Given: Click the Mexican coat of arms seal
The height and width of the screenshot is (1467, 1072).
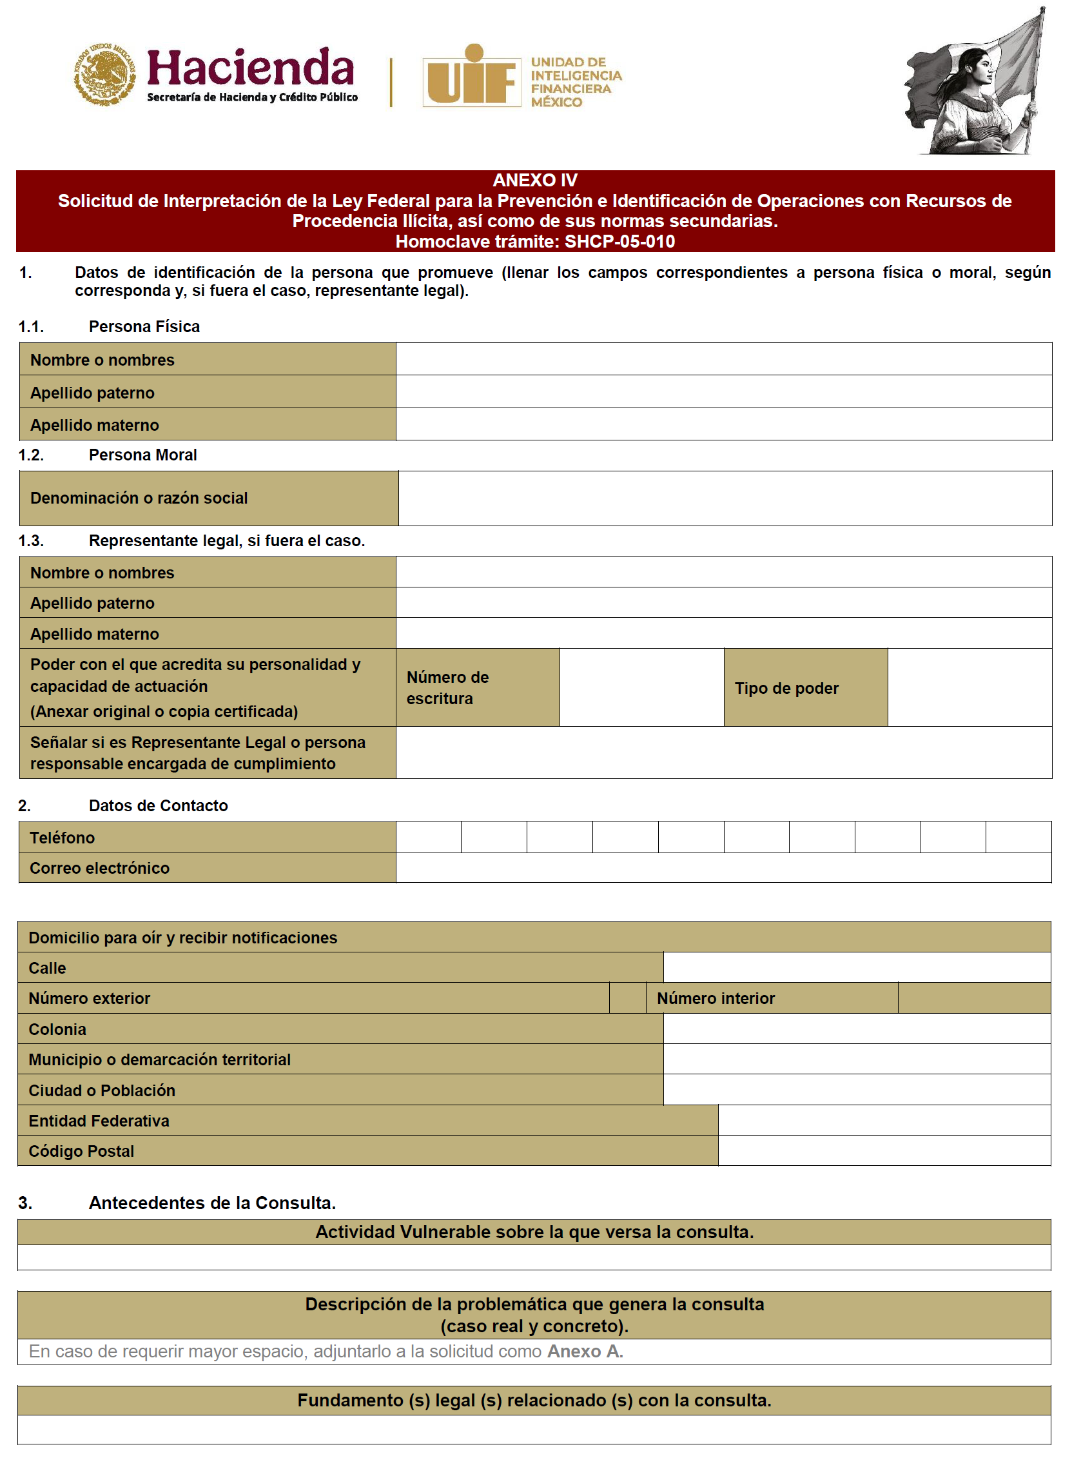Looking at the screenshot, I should pyautogui.click(x=104, y=74).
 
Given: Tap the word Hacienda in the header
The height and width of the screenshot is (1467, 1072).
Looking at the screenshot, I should pyautogui.click(x=251, y=68).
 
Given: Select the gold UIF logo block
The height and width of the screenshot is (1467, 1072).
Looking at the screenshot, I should pyautogui.click(x=472, y=76).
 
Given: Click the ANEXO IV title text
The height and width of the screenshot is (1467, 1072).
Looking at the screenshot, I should pyautogui.click(x=534, y=181).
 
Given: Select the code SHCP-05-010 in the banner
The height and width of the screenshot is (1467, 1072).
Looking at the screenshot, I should pyautogui.click(x=619, y=241).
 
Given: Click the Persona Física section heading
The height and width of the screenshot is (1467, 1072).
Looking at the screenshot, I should pyautogui.click(x=144, y=326).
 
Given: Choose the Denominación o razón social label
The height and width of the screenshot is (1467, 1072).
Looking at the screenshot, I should pyautogui.click(x=139, y=498).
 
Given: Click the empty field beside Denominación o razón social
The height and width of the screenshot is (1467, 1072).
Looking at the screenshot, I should pyautogui.click(x=724, y=498).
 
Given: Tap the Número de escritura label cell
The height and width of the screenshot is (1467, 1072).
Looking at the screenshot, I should pyautogui.click(x=477, y=687).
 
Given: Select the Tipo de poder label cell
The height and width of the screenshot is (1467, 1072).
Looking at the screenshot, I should pyautogui.click(x=804, y=688).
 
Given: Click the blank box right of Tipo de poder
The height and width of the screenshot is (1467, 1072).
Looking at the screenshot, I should pyautogui.click(x=970, y=687).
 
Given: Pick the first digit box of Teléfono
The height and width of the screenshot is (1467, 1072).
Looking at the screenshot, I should pyautogui.click(x=428, y=838).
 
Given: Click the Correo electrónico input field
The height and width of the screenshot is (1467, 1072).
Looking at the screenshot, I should pyautogui.click(x=723, y=868).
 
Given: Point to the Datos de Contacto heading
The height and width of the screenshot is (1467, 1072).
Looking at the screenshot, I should pyautogui.click(x=159, y=805).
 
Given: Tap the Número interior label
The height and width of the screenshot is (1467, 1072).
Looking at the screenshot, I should pyautogui.click(x=716, y=998).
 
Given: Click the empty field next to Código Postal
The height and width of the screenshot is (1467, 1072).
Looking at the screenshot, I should pyautogui.click(x=884, y=1151).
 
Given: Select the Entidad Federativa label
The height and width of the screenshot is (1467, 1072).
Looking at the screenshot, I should pyautogui.click(x=99, y=1121).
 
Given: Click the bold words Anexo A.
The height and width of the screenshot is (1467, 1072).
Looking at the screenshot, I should pyautogui.click(x=585, y=1352).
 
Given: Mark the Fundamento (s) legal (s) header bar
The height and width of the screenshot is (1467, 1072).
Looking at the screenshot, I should pyautogui.click(x=534, y=1400).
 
